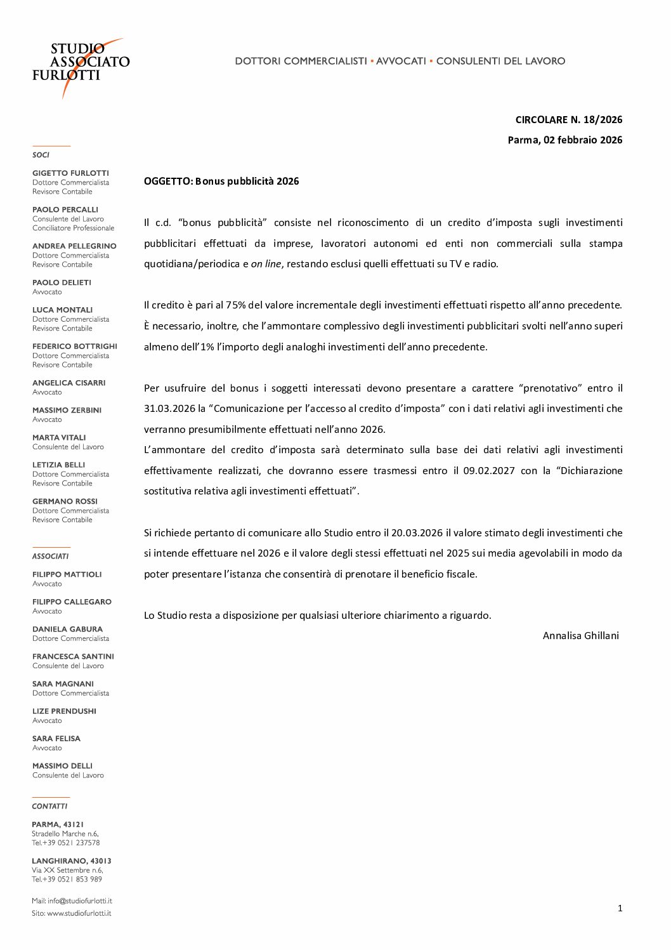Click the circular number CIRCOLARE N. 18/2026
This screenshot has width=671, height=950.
(x=568, y=119)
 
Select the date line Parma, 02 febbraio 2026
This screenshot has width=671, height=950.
(x=564, y=140)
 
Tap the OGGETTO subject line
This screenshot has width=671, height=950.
(x=221, y=181)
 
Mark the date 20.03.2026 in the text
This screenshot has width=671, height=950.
(x=417, y=532)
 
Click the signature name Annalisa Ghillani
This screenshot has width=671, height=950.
(x=580, y=635)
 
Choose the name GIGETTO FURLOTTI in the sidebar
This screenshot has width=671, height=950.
(x=70, y=173)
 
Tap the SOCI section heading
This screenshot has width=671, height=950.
(x=41, y=155)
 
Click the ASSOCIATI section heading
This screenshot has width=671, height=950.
(x=50, y=556)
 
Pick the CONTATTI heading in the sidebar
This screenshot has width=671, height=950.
(x=49, y=806)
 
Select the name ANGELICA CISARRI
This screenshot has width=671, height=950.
(x=68, y=383)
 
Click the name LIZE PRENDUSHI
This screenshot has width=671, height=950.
(x=64, y=711)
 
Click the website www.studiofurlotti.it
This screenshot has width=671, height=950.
(x=79, y=913)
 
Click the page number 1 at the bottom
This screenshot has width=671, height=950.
(x=620, y=908)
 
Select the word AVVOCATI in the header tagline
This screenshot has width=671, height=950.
(x=401, y=61)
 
